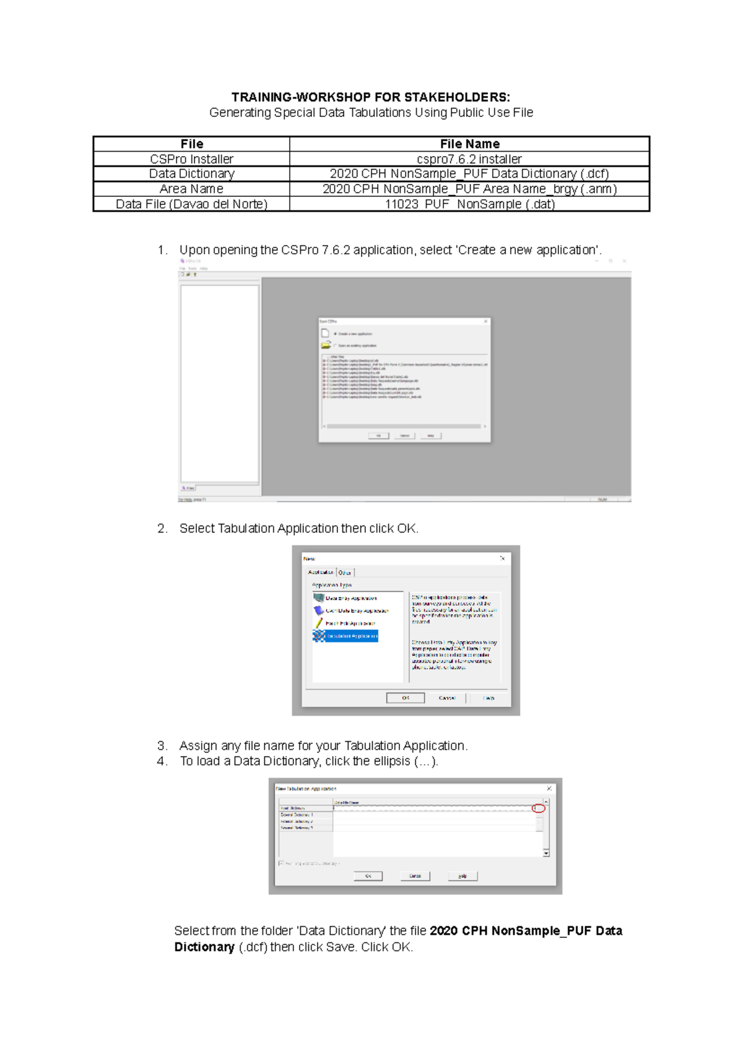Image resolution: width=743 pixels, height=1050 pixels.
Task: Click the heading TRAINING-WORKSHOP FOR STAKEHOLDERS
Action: tap(370, 97)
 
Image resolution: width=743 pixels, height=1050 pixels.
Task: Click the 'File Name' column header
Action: tap(469, 144)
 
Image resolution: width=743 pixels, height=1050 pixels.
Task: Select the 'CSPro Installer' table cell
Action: tap(191, 159)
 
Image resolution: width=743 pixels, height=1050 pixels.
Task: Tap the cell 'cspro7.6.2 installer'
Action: tap(469, 159)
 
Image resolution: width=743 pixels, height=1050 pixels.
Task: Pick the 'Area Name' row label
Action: tap(191, 189)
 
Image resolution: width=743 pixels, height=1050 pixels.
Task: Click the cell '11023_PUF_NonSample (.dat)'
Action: tap(469, 204)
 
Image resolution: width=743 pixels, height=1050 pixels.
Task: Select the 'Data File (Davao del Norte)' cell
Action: tap(191, 204)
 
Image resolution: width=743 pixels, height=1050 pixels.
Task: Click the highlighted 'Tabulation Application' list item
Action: tap(350, 636)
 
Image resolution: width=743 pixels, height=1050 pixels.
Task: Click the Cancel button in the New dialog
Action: tap(446, 698)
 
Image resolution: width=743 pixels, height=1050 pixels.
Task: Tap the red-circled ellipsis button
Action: tap(539, 809)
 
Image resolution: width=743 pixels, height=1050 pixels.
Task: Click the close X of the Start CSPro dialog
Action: tap(486, 321)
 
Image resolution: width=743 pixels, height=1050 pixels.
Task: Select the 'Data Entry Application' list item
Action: tap(350, 598)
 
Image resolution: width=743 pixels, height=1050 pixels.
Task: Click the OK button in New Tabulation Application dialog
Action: tap(368, 876)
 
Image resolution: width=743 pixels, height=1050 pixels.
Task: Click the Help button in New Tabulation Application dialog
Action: tap(462, 876)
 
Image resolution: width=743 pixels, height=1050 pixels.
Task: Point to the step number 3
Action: tap(162, 745)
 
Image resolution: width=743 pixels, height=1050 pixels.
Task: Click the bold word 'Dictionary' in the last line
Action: tap(204, 947)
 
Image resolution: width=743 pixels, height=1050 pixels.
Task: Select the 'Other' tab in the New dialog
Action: tap(345, 572)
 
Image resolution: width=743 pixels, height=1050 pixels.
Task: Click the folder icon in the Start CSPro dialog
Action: tap(326, 345)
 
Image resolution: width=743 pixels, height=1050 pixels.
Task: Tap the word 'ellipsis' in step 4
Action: tap(391, 761)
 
